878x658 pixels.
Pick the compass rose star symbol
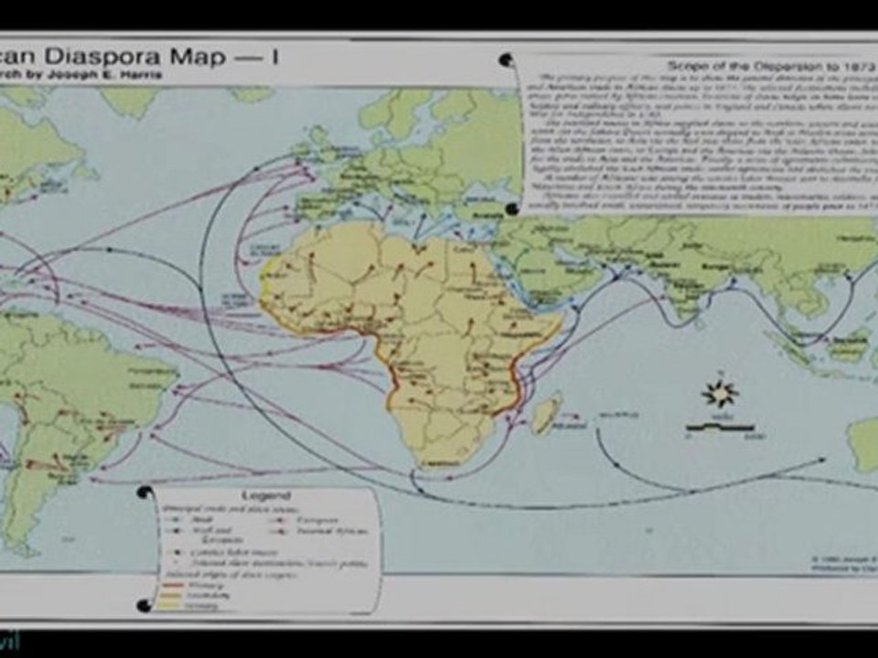click(719, 394)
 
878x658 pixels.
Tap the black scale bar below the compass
click(720, 427)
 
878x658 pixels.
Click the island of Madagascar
click(546, 414)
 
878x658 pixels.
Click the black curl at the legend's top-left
click(144, 493)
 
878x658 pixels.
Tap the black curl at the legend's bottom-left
click(143, 605)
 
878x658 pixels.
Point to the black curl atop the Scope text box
click(506, 60)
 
